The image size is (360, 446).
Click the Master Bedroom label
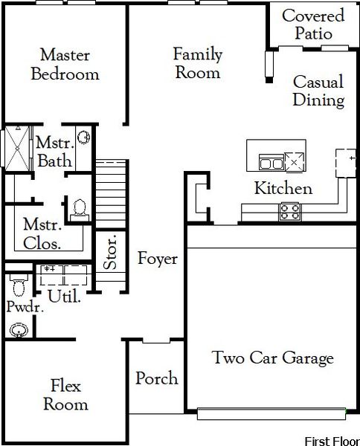pyautogui.click(x=65, y=65)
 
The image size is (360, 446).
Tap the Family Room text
pyautogui.click(x=196, y=63)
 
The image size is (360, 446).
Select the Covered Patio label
pyautogui.click(x=313, y=25)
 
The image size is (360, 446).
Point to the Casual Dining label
pyautogui.click(x=318, y=91)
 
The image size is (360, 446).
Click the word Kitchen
pyautogui.click(x=283, y=188)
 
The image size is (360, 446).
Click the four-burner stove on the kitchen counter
pyautogui.click(x=290, y=211)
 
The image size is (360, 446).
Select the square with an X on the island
pyautogui.click(x=295, y=161)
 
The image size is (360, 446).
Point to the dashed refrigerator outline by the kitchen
pyautogui.click(x=345, y=163)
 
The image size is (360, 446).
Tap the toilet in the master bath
pyautogui.click(x=78, y=209)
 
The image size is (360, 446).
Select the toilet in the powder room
pyautogui.click(x=18, y=284)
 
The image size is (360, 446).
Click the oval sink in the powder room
pyautogui.click(x=19, y=329)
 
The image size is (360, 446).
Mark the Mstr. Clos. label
pyautogui.click(x=42, y=233)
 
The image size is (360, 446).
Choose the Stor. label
pyautogui.click(x=109, y=254)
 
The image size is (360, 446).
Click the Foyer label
pyautogui.click(x=158, y=259)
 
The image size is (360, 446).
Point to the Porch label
pyautogui.click(x=157, y=378)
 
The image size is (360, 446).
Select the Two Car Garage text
pyautogui.click(x=273, y=358)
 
